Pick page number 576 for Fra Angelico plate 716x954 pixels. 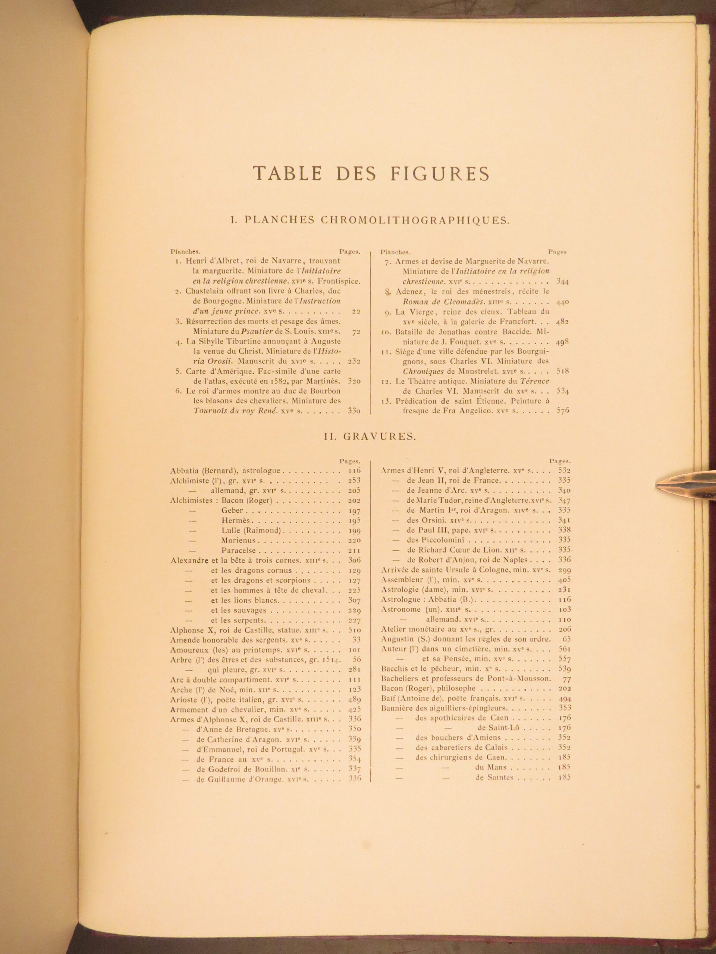(x=563, y=411)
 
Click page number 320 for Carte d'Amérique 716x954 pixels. (x=354, y=381)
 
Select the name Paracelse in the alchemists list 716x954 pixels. (x=239, y=550)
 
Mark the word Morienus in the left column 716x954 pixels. (x=239, y=540)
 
